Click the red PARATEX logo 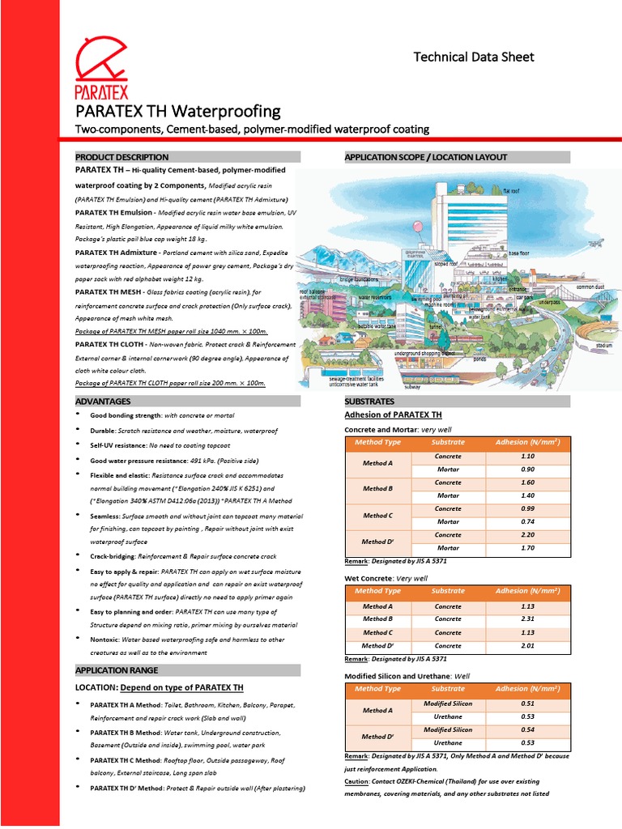[x=101, y=68]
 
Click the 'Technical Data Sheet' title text [x=474, y=57]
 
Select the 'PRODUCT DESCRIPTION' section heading [x=122, y=157]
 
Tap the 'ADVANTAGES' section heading [x=103, y=402]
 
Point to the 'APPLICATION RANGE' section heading [x=117, y=670]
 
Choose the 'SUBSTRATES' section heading [x=369, y=402]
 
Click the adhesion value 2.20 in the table [x=527, y=535]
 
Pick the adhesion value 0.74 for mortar [x=527, y=522]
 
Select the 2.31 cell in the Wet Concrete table [x=527, y=619]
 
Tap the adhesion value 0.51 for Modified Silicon [x=527, y=704]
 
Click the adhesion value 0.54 [x=527, y=729]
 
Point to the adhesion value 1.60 [x=527, y=483]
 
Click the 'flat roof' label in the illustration [x=511, y=190]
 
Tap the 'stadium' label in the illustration [x=603, y=345]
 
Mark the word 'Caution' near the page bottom [x=356, y=782]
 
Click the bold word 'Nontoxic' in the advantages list [x=105, y=640]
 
